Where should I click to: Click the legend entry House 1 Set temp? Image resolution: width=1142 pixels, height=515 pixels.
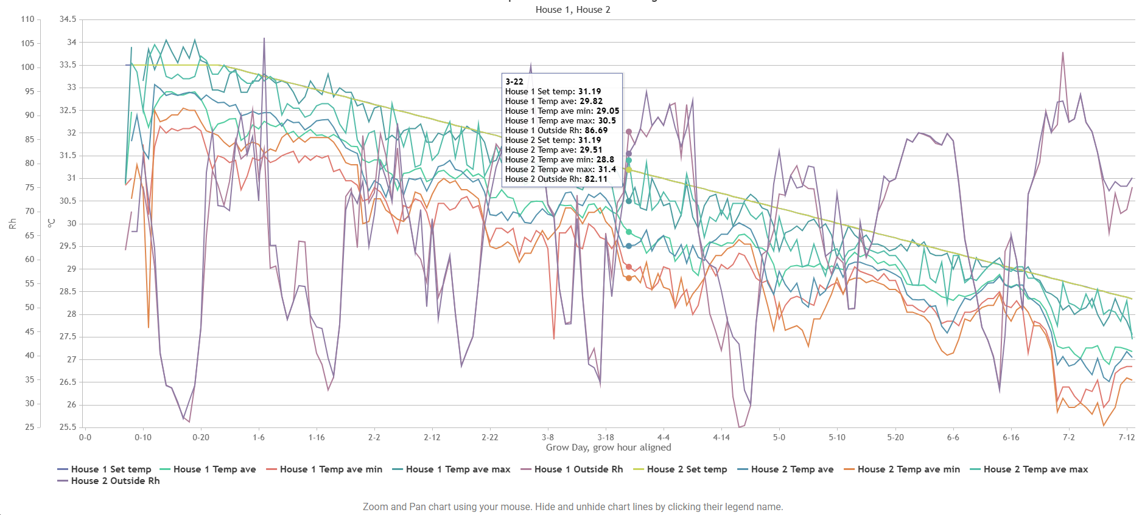pyautogui.click(x=104, y=469)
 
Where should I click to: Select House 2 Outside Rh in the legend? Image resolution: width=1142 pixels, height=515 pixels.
pyautogui.click(x=108, y=481)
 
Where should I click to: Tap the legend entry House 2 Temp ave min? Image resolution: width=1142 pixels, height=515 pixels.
pyautogui.click(x=902, y=469)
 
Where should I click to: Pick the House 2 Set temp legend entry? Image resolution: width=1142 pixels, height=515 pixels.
pyautogui.click(x=680, y=469)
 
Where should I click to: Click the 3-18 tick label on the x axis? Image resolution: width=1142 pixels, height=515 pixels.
pyautogui.click(x=606, y=437)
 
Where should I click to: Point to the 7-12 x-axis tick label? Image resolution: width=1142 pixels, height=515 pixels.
pyautogui.click(x=1127, y=437)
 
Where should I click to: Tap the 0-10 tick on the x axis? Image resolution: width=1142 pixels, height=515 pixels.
pyautogui.click(x=143, y=437)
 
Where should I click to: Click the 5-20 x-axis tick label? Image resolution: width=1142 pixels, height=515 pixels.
pyautogui.click(x=895, y=437)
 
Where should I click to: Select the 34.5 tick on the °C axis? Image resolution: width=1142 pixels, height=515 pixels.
pyautogui.click(x=68, y=19)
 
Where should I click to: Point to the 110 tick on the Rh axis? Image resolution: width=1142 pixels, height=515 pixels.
pyautogui.click(x=27, y=19)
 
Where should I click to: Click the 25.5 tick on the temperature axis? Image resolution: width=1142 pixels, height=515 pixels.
pyautogui.click(x=68, y=427)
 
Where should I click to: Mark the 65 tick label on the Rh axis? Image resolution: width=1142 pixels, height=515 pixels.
pyautogui.click(x=30, y=235)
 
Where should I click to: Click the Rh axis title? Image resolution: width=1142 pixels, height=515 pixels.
pyautogui.click(x=12, y=224)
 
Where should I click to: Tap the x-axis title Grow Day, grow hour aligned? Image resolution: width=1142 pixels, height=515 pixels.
pyautogui.click(x=608, y=448)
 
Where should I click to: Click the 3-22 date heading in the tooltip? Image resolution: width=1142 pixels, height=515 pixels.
pyautogui.click(x=514, y=81)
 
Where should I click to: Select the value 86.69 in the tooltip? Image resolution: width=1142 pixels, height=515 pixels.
pyautogui.click(x=596, y=130)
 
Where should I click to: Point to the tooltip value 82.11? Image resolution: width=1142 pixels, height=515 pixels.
pyautogui.click(x=596, y=179)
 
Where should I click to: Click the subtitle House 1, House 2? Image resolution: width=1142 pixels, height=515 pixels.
pyautogui.click(x=573, y=10)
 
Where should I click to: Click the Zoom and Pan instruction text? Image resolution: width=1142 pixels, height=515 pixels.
pyautogui.click(x=573, y=507)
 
